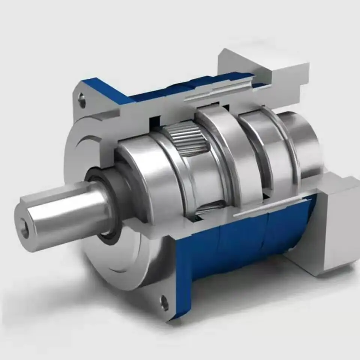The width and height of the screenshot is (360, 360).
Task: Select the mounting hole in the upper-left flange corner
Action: click(82, 100)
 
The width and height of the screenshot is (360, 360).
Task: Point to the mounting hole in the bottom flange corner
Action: click(164, 302)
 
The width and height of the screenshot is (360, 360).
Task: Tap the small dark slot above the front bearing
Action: click(154, 121)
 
